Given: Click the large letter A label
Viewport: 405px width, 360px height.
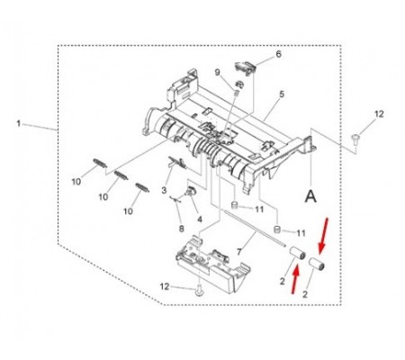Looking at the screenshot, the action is pos(310,197).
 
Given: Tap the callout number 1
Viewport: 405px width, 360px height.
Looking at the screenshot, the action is pos(19,123).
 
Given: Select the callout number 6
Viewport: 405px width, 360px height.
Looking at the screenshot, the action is pos(278,54).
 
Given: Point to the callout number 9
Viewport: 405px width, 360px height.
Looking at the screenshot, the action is pos(218,72).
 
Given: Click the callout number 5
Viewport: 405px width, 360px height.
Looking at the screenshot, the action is pos(282,94).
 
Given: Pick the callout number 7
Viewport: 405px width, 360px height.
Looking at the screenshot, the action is pos(238,252).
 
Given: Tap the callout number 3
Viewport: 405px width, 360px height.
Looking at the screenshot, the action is pos(164,190).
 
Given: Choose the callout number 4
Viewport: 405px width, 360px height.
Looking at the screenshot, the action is pos(200,220).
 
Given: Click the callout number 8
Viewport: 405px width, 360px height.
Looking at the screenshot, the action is pos(181,229).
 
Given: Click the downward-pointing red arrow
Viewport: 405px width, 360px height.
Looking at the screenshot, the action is pos(323,236).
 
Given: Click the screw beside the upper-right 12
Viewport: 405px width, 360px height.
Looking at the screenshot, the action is pos(355,139).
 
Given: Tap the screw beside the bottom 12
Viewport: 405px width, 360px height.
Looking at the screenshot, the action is pos(198,291).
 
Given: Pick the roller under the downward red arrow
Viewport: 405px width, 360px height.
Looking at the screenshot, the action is pos(318,264).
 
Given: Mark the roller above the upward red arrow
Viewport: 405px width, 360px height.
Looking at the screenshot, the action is pos(297,253).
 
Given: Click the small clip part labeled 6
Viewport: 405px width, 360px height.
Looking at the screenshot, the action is pos(245,68).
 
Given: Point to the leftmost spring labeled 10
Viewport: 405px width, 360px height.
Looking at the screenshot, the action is pos(100,162).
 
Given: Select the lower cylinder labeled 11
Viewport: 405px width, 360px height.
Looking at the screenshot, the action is pos(278,229).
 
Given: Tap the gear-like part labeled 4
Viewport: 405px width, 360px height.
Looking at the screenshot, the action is pos(190,190).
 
